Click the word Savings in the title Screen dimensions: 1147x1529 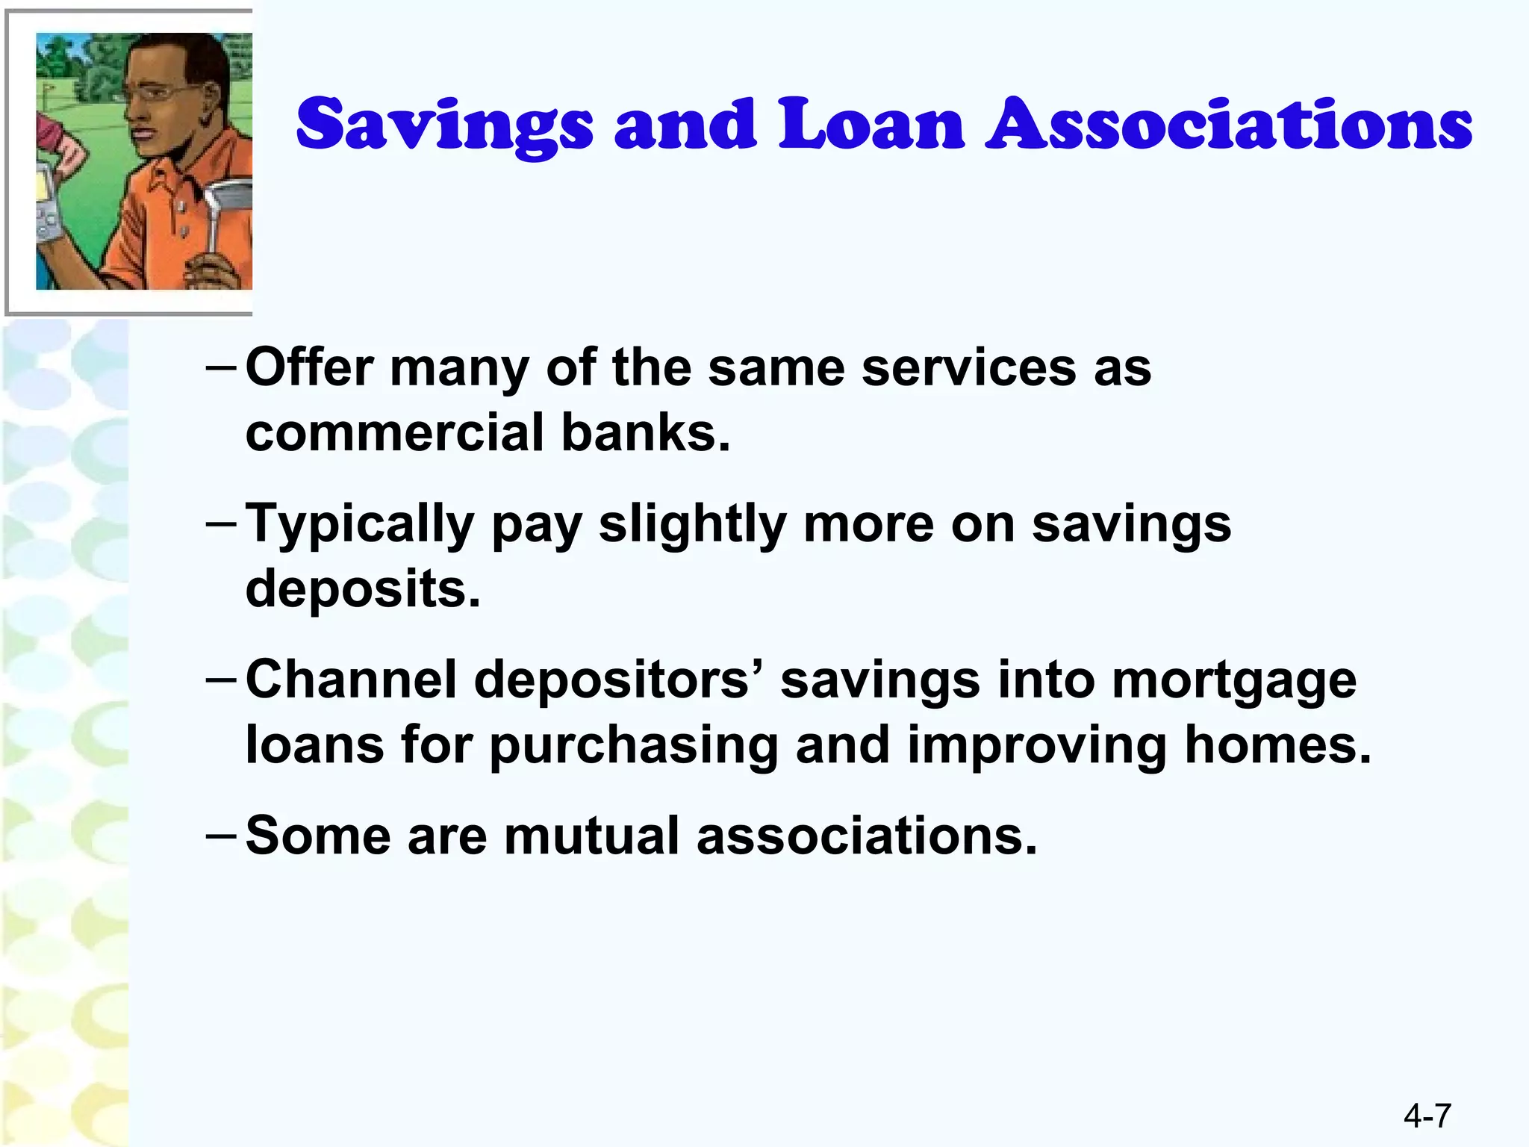coord(445,125)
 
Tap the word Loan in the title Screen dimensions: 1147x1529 coord(871,124)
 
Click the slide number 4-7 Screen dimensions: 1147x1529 coord(1427,1116)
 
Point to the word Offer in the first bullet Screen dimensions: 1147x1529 coord(310,367)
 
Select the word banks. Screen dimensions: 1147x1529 coord(645,432)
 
